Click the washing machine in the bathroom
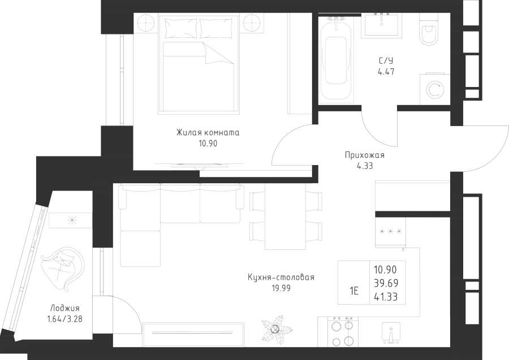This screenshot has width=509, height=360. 435,89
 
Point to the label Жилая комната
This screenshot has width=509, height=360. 208,133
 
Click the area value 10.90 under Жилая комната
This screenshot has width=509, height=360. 208,144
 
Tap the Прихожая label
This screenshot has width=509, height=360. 365,155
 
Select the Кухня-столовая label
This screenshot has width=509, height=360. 281,277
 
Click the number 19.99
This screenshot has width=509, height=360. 281,288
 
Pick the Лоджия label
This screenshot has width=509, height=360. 65,308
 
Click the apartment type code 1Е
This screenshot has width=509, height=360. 354,291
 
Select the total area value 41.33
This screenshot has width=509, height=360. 386,297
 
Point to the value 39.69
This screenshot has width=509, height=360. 386,283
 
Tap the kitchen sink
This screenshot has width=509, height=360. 391,333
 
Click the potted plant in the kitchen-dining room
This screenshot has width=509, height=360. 276,329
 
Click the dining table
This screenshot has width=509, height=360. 286,216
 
